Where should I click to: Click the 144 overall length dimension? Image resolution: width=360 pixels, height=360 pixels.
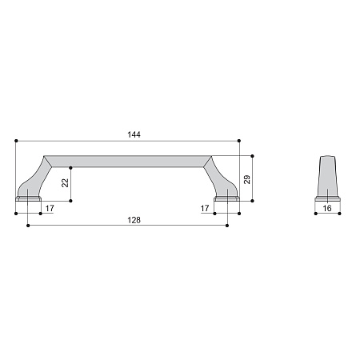pos(134,134)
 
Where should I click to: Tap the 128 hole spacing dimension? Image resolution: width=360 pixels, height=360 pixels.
pos(134,220)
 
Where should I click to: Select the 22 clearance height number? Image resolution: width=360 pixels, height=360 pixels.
pos(65,183)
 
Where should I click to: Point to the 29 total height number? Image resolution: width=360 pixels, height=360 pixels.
pos(247,179)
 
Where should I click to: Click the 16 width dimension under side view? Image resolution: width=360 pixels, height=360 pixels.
pos(327,208)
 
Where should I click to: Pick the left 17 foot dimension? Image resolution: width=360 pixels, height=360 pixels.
pos(50,208)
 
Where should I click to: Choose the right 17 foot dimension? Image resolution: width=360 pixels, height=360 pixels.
pos(205,208)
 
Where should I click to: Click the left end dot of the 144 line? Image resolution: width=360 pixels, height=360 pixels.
pos(16,141)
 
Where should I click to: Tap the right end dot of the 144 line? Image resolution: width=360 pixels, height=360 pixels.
pos(239,141)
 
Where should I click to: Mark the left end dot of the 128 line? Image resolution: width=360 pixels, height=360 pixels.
pos(28,226)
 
